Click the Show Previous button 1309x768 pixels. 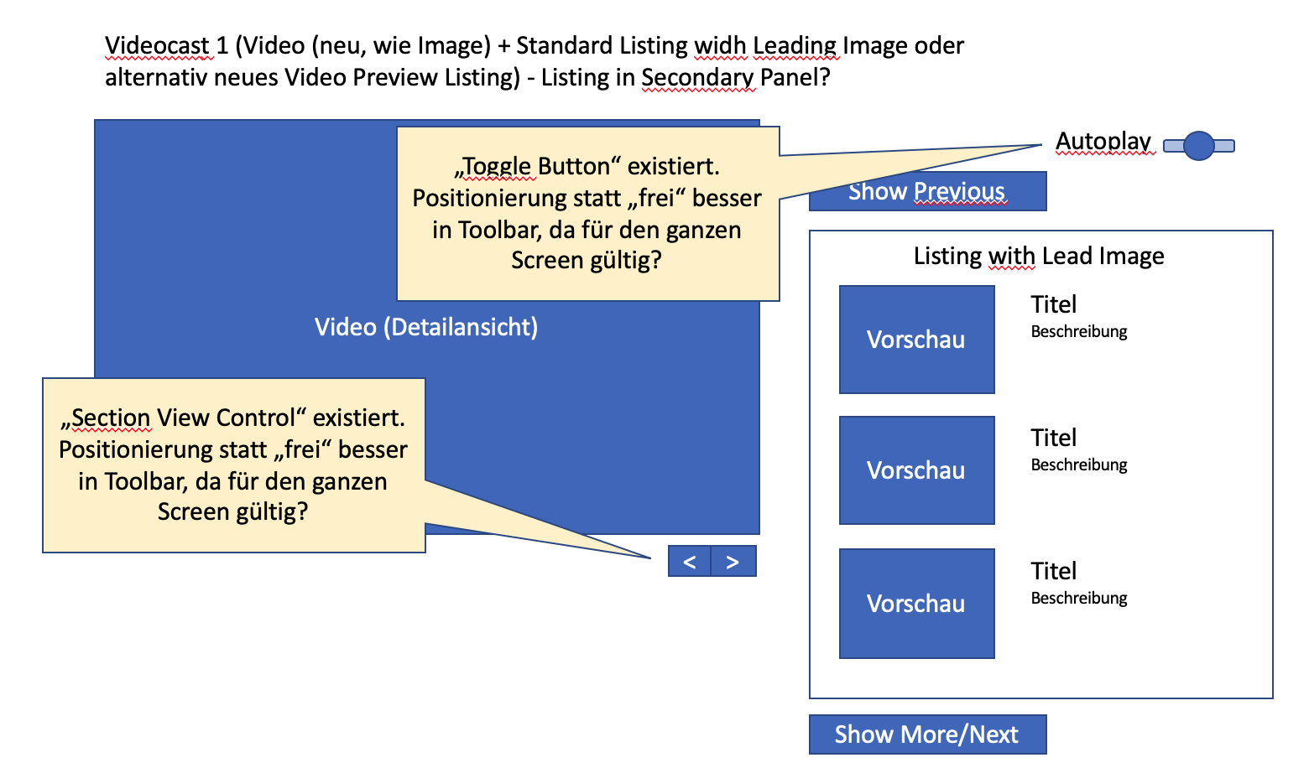pyautogui.click(x=927, y=192)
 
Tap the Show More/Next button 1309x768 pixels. pyautogui.click(x=927, y=734)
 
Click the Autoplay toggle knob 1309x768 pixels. pyautogui.click(x=1199, y=146)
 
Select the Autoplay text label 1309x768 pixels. pyautogui.click(x=1103, y=141)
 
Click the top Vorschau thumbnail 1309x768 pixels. pyautogui.click(x=916, y=340)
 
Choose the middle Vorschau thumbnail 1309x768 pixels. pyautogui.click(x=916, y=470)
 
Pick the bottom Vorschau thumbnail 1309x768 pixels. pyautogui.click(x=916, y=604)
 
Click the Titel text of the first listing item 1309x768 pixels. pyautogui.click(x=1053, y=304)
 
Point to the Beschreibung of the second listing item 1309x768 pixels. pyautogui.click(x=1079, y=464)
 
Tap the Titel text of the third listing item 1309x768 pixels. pyautogui.click(x=1053, y=571)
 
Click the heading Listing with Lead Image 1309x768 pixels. pyautogui.click(x=1039, y=256)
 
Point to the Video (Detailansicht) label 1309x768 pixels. pyautogui.click(x=426, y=327)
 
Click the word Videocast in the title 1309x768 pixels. pyautogui.click(x=157, y=45)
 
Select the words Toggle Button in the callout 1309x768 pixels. pyautogui.click(x=537, y=166)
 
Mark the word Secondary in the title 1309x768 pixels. pyautogui.click(x=697, y=77)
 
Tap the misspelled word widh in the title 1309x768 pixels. pyautogui.click(x=719, y=45)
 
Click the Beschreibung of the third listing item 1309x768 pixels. pyautogui.click(x=1079, y=598)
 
